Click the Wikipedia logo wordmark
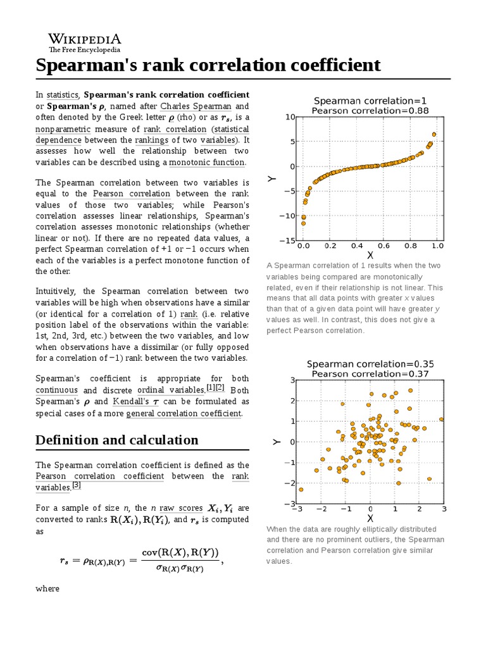[x=85, y=39]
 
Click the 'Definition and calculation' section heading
[x=117, y=440]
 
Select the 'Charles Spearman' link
[x=196, y=106]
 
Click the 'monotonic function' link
[x=207, y=163]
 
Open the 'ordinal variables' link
[x=169, y=390]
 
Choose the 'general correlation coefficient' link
[x=184, y=413]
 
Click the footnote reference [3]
[x=77, y=486]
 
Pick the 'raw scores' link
[x=180, y=508]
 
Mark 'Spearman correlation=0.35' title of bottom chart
[x=370, y=364]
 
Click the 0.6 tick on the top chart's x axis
[x=384, y=246]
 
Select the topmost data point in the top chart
[x=434, y=134]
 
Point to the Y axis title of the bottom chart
[x=276, y=442]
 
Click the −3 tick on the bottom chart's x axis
[x=297, y=509]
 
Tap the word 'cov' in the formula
[x=151, y=552]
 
